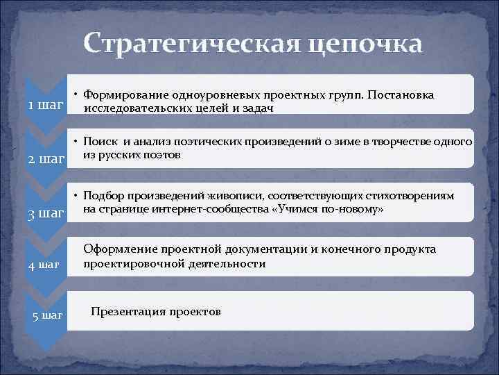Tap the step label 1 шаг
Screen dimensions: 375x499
(x=44, y=106)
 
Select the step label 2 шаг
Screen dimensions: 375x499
(x=46, y=159)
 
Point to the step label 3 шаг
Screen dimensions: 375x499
(x=46, y=212)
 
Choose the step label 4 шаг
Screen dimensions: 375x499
(x=46, y=265)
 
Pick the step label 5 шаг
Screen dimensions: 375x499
(x=48, y=316)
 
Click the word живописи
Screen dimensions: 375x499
(x=226, y=196)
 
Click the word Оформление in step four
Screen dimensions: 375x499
(x=119, y=249)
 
